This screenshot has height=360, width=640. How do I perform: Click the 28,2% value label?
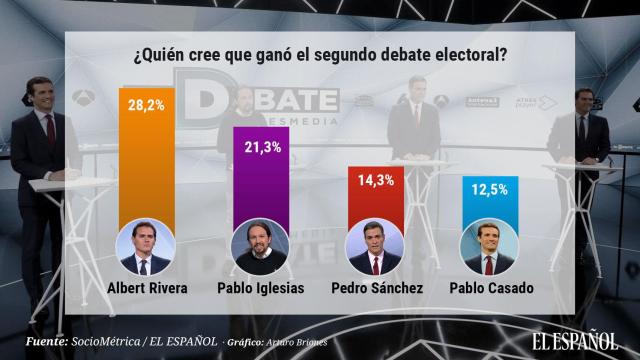[x=147, y=102]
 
